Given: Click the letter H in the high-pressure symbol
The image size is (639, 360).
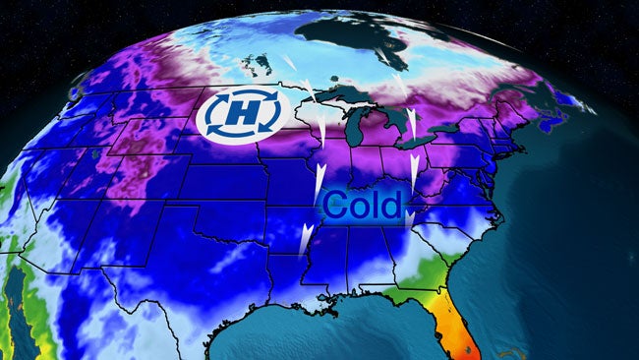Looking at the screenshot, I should pos(241,115).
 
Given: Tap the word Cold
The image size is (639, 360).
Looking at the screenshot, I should pos(363,206).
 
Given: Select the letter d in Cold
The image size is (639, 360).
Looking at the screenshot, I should pos(392,206).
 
